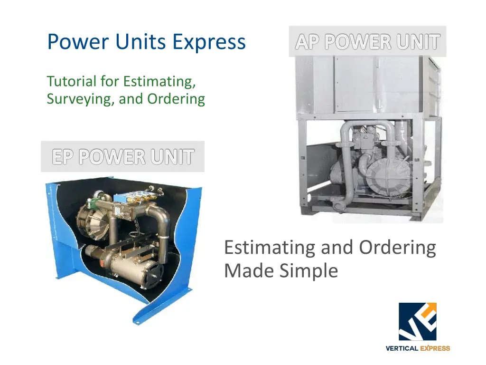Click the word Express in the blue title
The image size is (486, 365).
point(209,42)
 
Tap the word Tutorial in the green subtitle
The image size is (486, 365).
point(72,81)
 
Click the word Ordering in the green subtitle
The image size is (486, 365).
point(176,99)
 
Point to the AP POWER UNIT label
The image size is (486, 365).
point(368,41)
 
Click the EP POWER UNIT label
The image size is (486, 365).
point(123,156)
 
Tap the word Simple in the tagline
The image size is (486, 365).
point(308,271)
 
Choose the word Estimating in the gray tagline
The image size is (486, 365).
point(270,248)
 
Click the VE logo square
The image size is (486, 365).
point(418,322)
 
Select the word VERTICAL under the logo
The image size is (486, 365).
point(402,348)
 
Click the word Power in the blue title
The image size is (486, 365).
point(78,42)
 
